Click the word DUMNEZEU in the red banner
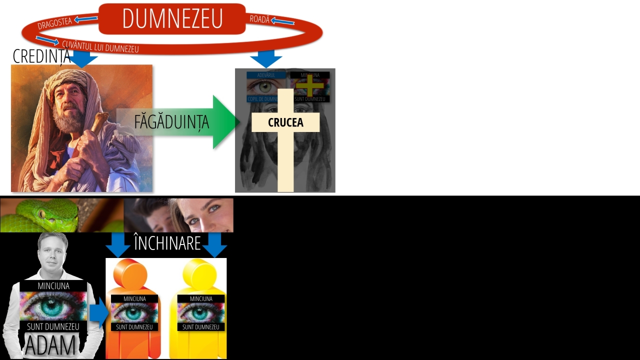(172, 19)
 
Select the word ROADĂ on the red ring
(259, 19)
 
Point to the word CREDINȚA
(41, 56)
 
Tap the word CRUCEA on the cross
(285, 122)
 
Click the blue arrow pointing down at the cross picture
(266, 58)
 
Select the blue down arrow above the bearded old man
(82, 58)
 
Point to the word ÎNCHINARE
(167, 243)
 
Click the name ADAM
(50, 345)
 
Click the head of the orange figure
(130, 273)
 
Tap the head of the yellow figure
(199, 273)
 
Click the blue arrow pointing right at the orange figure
(99, 312)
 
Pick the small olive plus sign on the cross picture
(310, 85)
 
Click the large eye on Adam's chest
(52, 306)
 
